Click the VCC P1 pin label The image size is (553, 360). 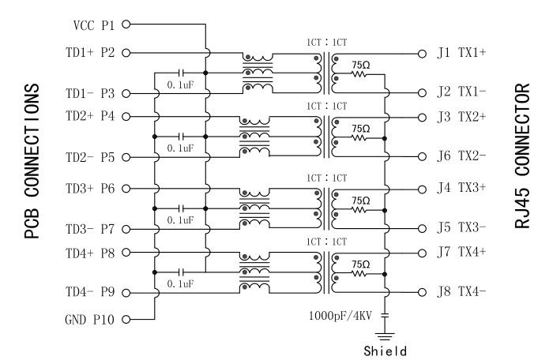(93, 24)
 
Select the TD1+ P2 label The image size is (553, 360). (92, 53)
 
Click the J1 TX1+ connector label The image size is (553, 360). (461, 53)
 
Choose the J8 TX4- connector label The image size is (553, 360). (461, 291)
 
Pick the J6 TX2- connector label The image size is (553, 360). (461, 156)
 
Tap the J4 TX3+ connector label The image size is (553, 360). (461, 189)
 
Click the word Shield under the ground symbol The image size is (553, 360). (386, 348)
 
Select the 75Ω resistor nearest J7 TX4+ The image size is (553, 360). (360, 273)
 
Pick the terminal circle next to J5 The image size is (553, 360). (423, 229)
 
